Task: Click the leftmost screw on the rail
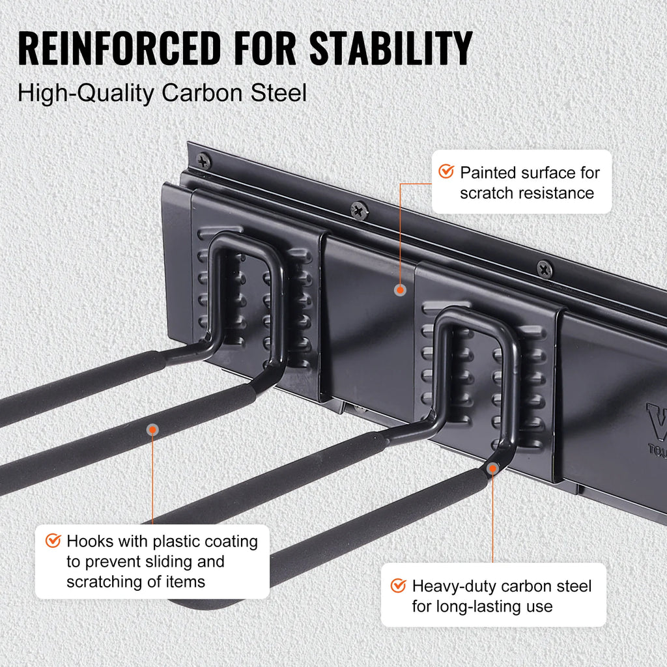[203, 160]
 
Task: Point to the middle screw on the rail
[359, 210]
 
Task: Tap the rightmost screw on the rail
[545, 268]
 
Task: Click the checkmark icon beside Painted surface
[446, 172]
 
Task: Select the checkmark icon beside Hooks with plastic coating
[53, 541]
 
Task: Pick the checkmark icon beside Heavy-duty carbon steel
[398, 586]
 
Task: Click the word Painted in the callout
[488, 173]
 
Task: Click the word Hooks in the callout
[89, 541]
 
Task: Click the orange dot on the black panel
[399, 289]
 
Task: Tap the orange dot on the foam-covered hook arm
[152, 429]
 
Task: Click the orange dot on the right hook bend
[493, 468]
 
